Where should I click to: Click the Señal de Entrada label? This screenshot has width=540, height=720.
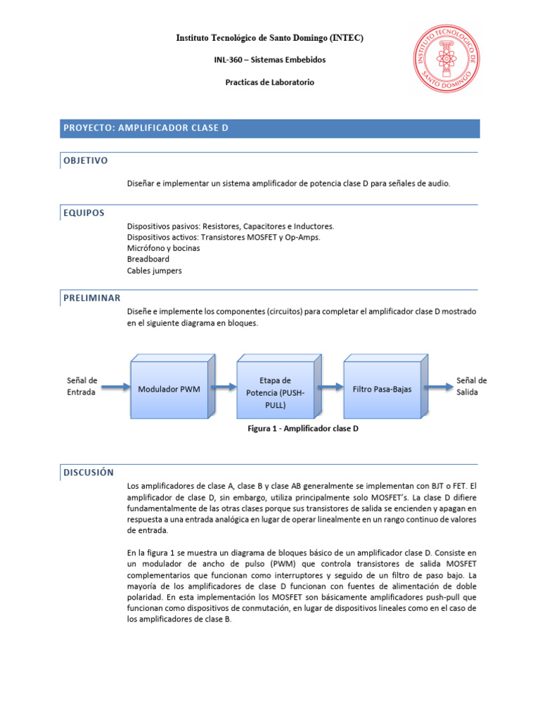pyautogui.click(x=82, y=386)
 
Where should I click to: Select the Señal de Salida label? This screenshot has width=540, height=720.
pyautogui.click(x=471, y=386)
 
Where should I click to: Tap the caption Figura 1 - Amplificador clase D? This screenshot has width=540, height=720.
pyautogui.click(x=303, y=427)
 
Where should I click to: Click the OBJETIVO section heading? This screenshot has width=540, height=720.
pyautogui.click(x=86, y=160)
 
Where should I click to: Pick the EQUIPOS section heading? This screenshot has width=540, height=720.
pyautogui.click(x=84, y=212)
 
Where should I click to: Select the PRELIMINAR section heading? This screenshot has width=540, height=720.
pyautogui.click(x=92, y=298)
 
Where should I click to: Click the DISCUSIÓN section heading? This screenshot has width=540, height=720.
pyautogui.click(x=89, y=472)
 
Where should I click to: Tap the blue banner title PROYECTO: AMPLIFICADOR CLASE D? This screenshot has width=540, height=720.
pyautogui.click(x=146, y=128)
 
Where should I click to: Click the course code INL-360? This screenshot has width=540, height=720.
pyautogui.click(x=229, y=60)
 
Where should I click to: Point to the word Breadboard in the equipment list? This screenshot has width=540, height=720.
pyautogui.click(x=148, y=259)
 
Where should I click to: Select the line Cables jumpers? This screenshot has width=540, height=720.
pyautogui.click(x=154, y=271)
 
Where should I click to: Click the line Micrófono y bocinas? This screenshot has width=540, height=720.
pyautogui.click(x=163, y=248)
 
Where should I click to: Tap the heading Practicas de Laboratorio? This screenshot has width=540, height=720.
pyautogui.click(x=269, y=82)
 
